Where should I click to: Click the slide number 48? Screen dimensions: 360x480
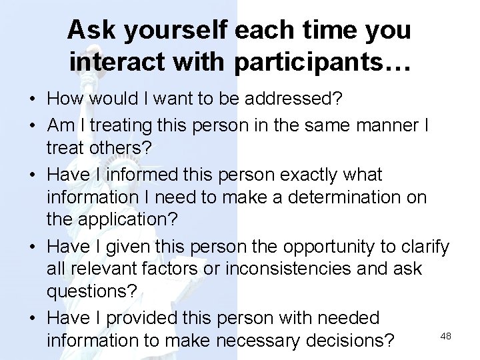(x=446, y=336)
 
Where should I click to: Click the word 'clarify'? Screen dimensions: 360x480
(x=425, y=246)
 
